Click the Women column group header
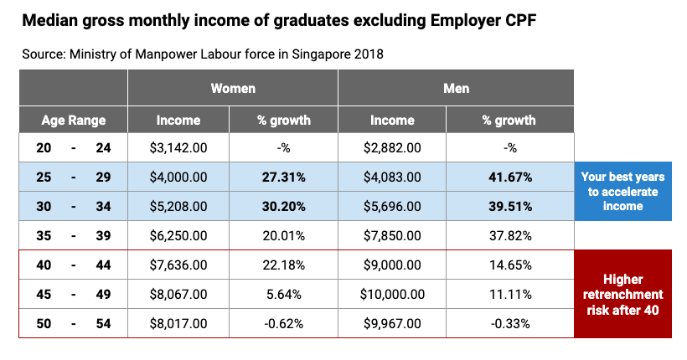[233, 88]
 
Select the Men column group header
[456, 88]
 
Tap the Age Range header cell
[74, 120]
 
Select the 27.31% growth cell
[283, 177]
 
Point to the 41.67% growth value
[509, 177]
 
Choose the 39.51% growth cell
[509, 207]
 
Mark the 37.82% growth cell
[509, 236]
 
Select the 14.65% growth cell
[509, 265]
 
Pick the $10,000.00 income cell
[392, 295]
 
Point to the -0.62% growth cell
[283, 323]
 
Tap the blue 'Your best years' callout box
[622, 192]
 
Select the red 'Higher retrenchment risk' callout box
[622, 294]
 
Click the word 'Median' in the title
[54, 19]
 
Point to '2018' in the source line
[366, 54]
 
